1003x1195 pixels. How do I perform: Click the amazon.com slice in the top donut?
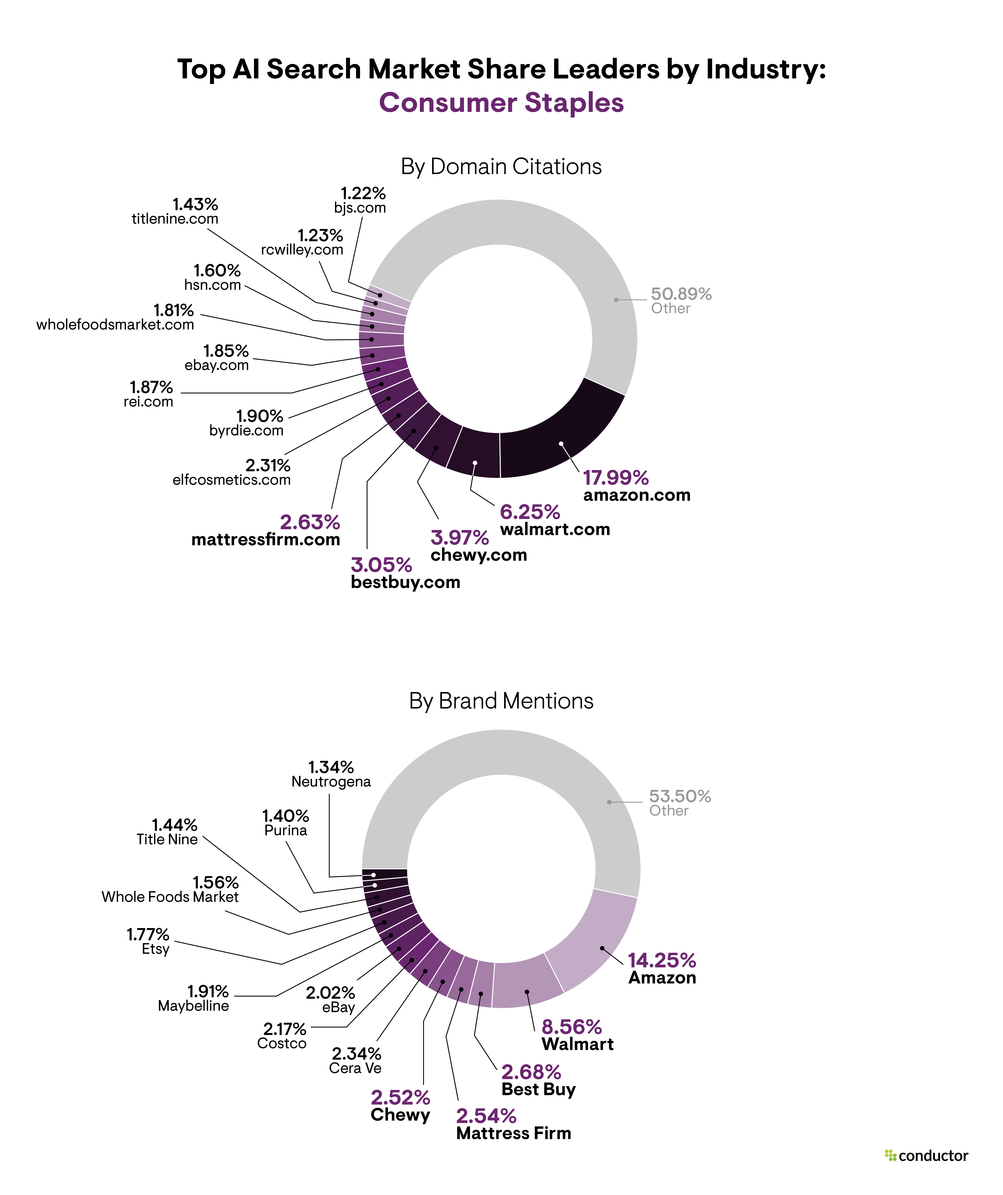pyautogui.click(x=561, y=438)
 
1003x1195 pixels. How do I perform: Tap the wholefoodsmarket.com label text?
pyautogui.click(x=115, y=325)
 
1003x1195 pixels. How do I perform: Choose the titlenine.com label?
pyautogui.click(x=175, y=219)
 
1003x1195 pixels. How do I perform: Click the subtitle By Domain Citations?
pyautogui.click(x=501, y=167)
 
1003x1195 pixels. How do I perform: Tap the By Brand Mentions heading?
pyautogui.click(x=501, y=701)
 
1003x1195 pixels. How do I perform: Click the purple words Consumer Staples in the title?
pyautogui.click(x=501, y=103)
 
